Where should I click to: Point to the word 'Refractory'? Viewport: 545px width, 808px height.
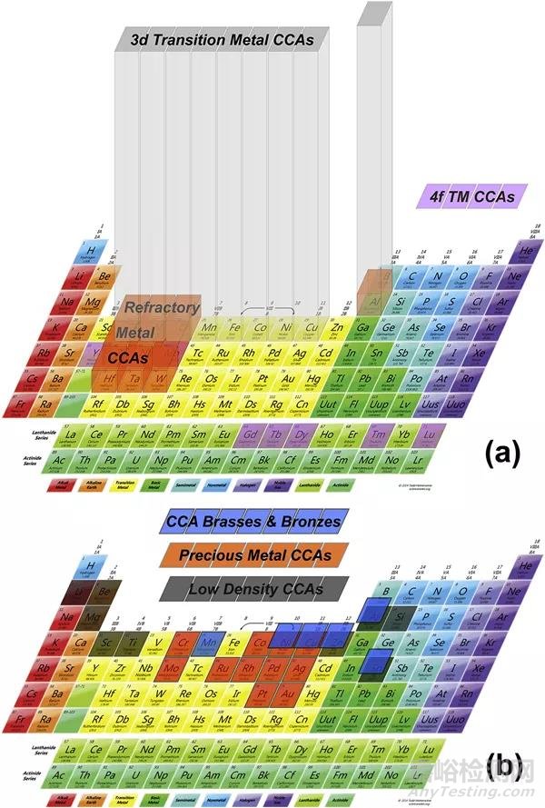(162, 307)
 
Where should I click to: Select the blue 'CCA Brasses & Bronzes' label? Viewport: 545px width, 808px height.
(253, 522)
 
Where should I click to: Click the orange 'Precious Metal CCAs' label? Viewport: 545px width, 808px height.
(253, 555)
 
